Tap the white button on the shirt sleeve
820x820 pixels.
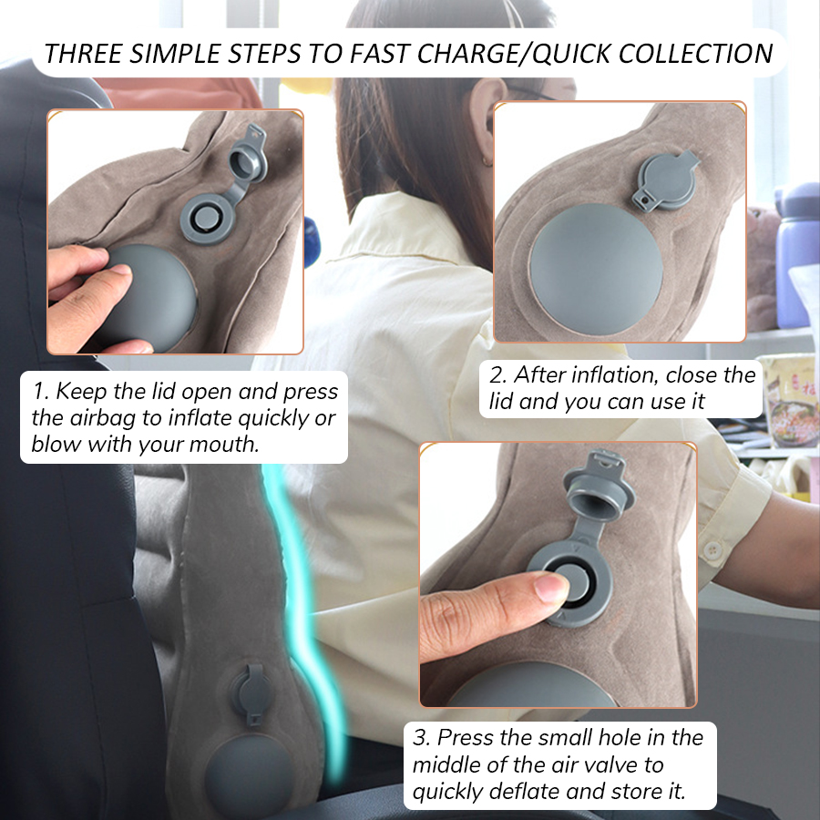pyautogui.click(x=712, y=550)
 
